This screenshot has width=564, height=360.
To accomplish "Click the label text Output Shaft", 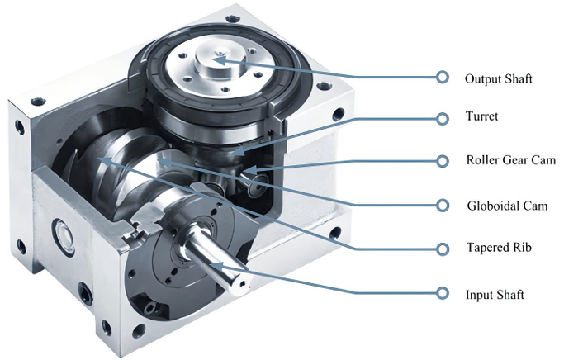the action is pos(498,78).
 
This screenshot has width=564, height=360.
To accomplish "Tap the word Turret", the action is pos(481,116).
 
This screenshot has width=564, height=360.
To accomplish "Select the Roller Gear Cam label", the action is pos(511,159).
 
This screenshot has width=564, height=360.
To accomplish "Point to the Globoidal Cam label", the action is pos(507,206).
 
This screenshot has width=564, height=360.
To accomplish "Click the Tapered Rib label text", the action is pos(499,248).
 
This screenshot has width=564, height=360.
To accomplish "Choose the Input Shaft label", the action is pos(495,295).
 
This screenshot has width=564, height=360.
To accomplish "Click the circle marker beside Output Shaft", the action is pos(443,77).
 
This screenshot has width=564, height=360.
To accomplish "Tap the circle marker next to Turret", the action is pos(443,119).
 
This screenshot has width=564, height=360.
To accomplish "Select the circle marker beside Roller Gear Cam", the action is pos(443,161).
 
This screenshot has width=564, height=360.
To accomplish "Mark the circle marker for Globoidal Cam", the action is pos(443,206).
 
